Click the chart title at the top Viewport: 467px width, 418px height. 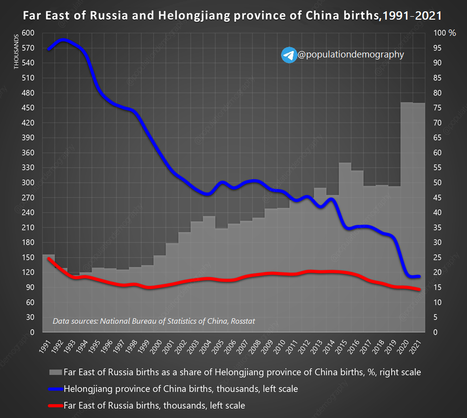pos(233,16)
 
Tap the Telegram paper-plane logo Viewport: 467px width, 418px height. pos(288,55)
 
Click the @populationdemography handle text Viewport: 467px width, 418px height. pos(350,55)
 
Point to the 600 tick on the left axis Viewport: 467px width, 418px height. pos(28,33)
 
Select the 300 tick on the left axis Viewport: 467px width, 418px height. pos(28,183)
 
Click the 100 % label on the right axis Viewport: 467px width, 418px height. pos(444,33)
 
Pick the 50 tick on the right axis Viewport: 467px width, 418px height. pos(437,183)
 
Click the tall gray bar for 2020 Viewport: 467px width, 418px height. pos(406,221)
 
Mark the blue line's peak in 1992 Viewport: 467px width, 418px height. pos(62,40)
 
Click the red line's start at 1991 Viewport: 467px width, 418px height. pos(48,258)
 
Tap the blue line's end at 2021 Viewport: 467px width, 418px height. pos(419,276)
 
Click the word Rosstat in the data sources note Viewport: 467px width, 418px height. pos(243,321)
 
